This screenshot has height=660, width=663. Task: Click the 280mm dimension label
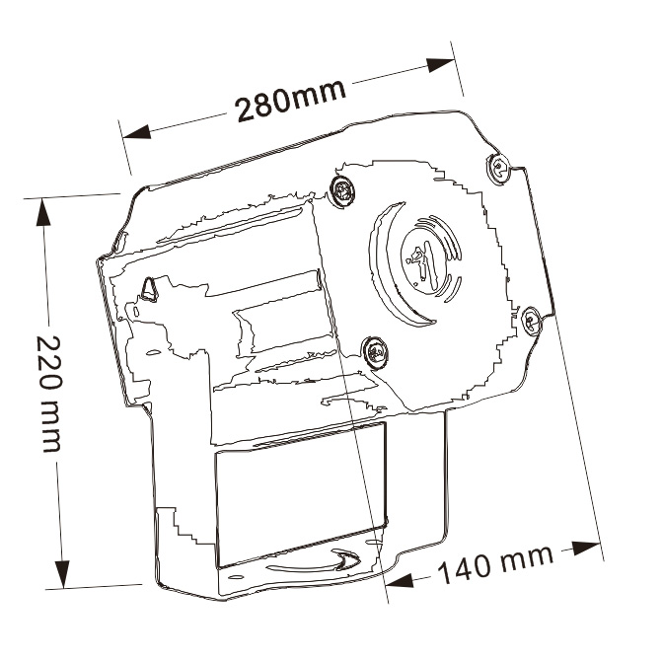tap(291, 100)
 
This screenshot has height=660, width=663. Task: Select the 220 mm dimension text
tap(50, 394)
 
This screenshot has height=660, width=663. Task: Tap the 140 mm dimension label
tap(495, 564)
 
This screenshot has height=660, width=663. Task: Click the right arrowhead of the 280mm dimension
tap(441, 65)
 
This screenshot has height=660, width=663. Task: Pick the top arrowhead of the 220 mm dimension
tap(43, 212)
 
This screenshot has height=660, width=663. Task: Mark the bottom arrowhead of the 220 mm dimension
tap(62, 573)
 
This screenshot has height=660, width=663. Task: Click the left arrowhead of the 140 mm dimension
tap(400, 580)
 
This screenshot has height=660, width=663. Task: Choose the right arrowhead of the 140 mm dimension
tap(586, 548)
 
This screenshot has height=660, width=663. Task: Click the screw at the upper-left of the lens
tap(343, 192)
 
